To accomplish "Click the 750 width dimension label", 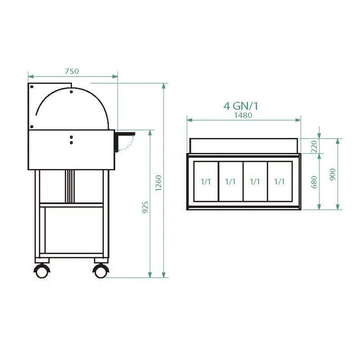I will coord(72,71).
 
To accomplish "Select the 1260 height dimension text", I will coord(158,182).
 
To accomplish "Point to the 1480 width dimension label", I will coord(243,115).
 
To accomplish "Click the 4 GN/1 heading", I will coord(243,106).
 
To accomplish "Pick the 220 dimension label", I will coord(314,145).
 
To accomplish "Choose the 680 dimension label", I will coord(314,182).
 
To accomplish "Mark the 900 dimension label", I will coord(333,173).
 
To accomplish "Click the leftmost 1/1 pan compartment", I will coord(206,181).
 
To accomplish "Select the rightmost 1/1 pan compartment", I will coord(279,181).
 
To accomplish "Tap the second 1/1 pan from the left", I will coord(230,181).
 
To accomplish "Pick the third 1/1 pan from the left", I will coord(255,181).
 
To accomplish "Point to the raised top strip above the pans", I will coord(243,145).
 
